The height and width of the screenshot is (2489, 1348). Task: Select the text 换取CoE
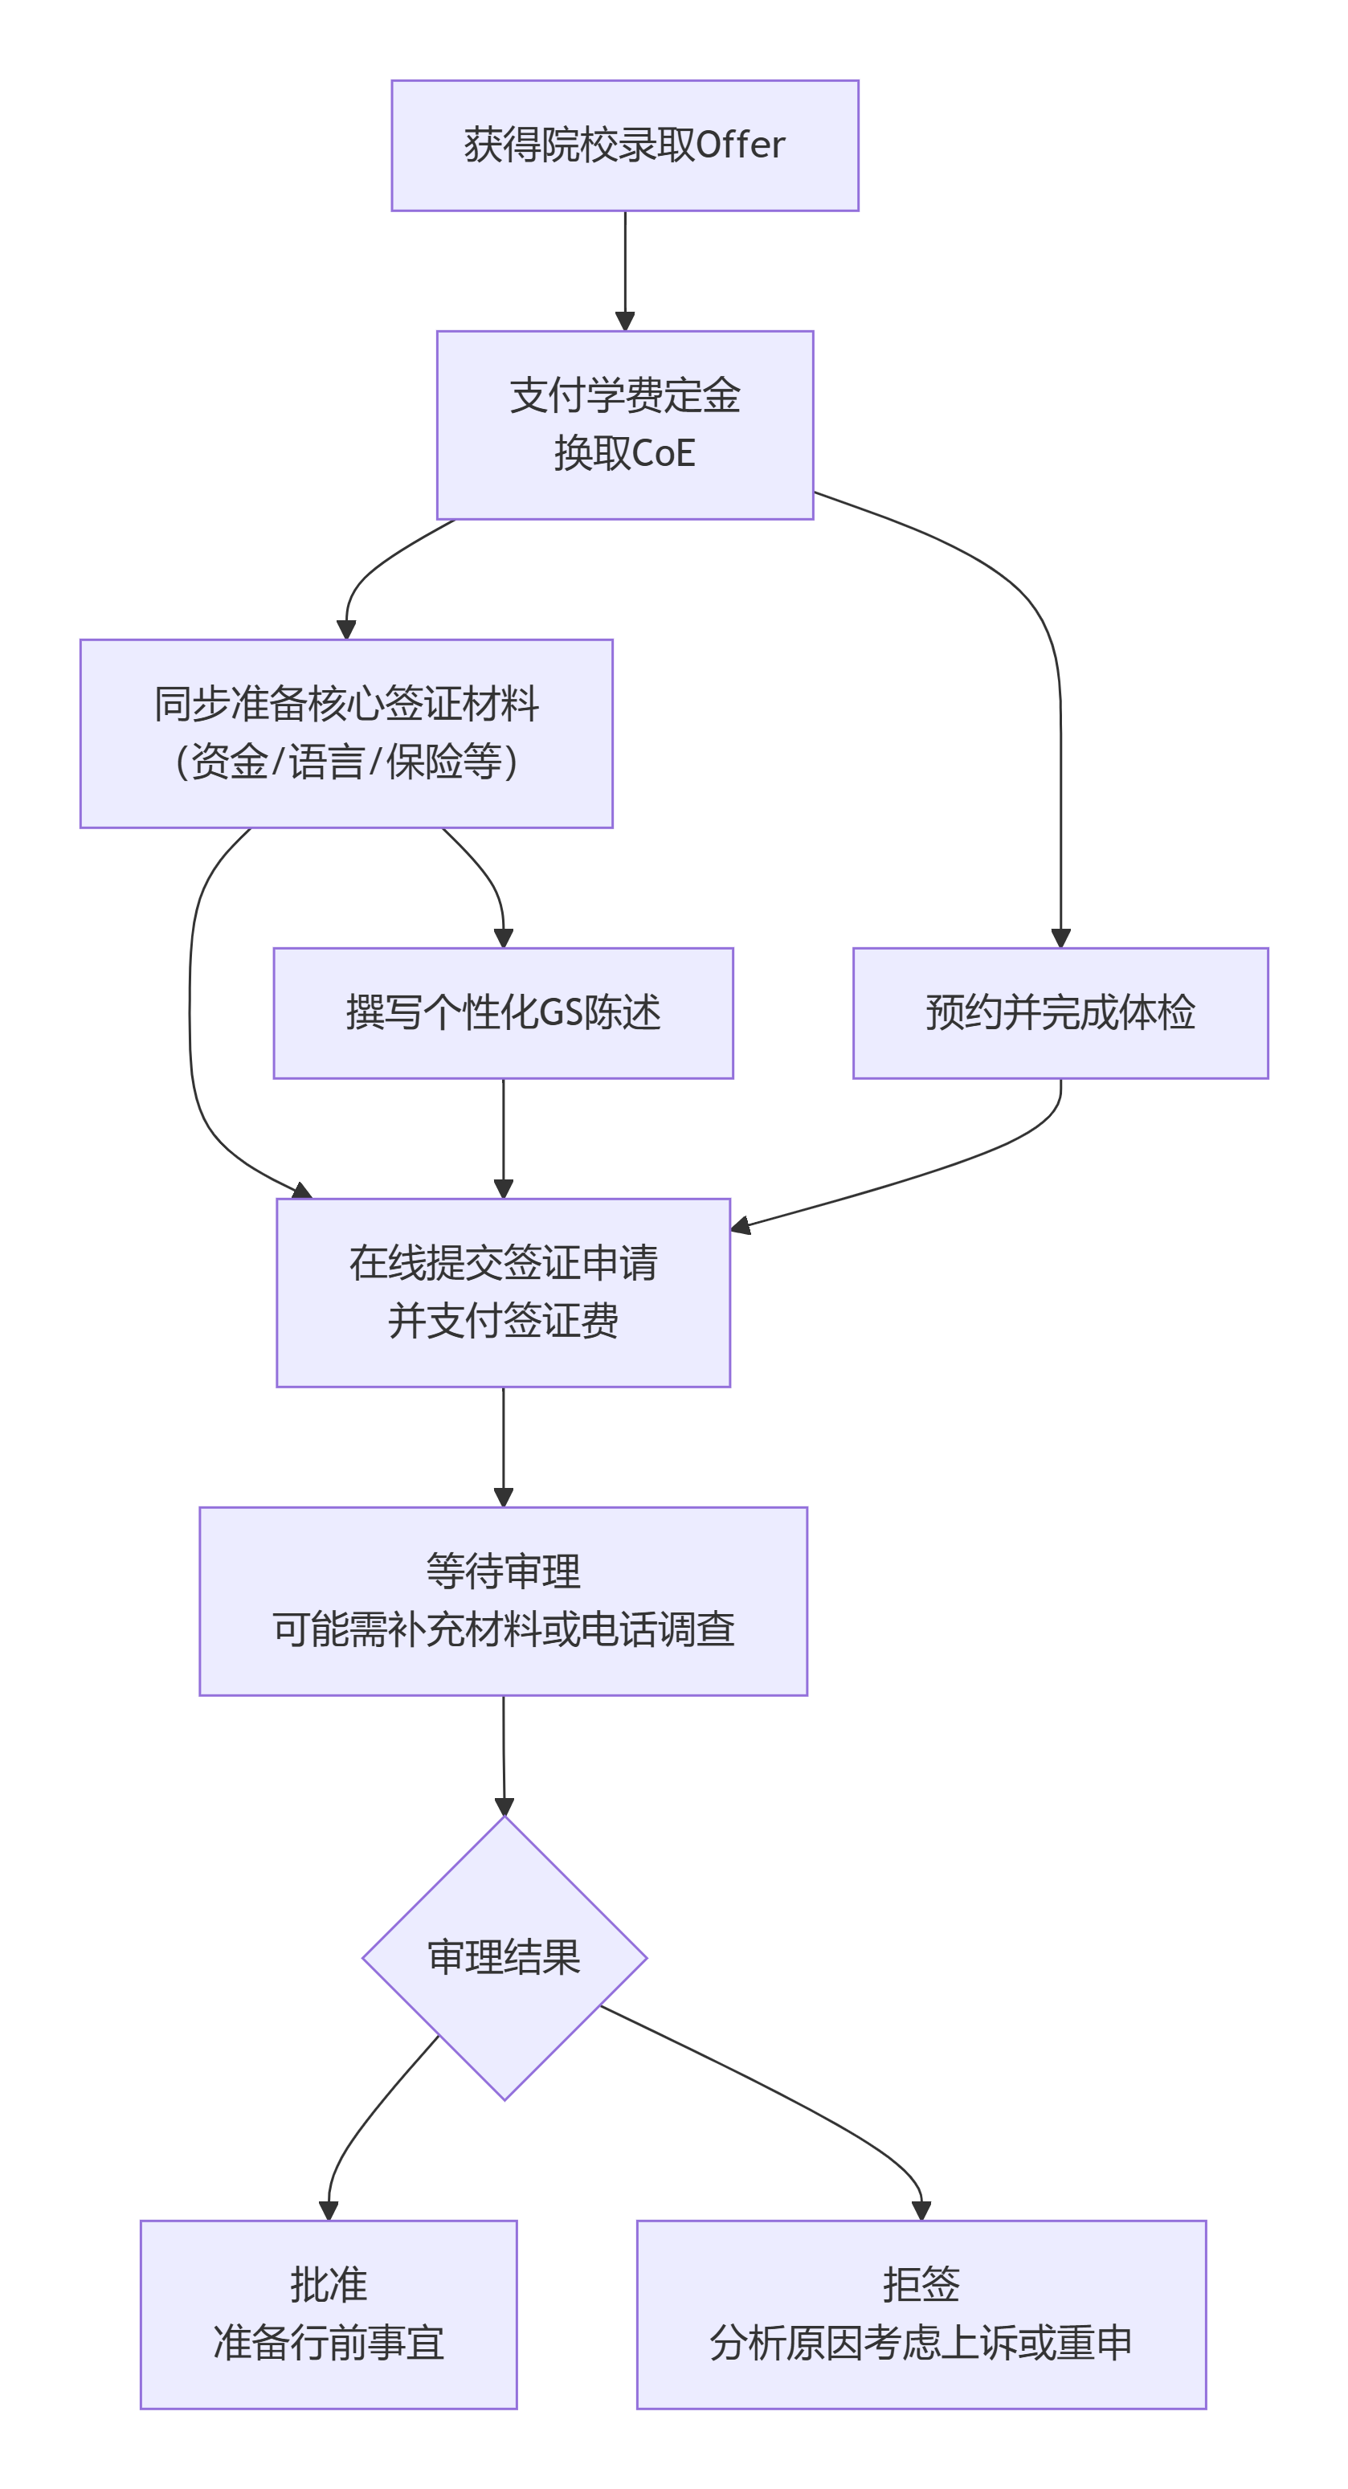pyautogui.click(x=624, y=453)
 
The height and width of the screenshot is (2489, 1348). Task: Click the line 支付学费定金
pyautogui.click(x=624, y=395)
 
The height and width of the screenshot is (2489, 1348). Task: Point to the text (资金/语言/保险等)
pyautogui.click(x=346, y=762)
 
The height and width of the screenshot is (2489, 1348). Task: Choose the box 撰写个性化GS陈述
pyautogui.click(x=502, y=1012)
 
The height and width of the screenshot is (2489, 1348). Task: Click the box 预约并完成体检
pyautogui.click(x=1060, y=1012)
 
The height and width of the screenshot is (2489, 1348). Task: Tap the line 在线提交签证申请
pyautogui.click(x=502, y=1263)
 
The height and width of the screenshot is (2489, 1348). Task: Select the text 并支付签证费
pyautogui.click(x=502, y=1321)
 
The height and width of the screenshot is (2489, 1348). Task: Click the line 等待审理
pyautogui.click(x=502, y=1571)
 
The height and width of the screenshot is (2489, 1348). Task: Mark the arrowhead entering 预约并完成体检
pyautogui.click(x=1060, y=938)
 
